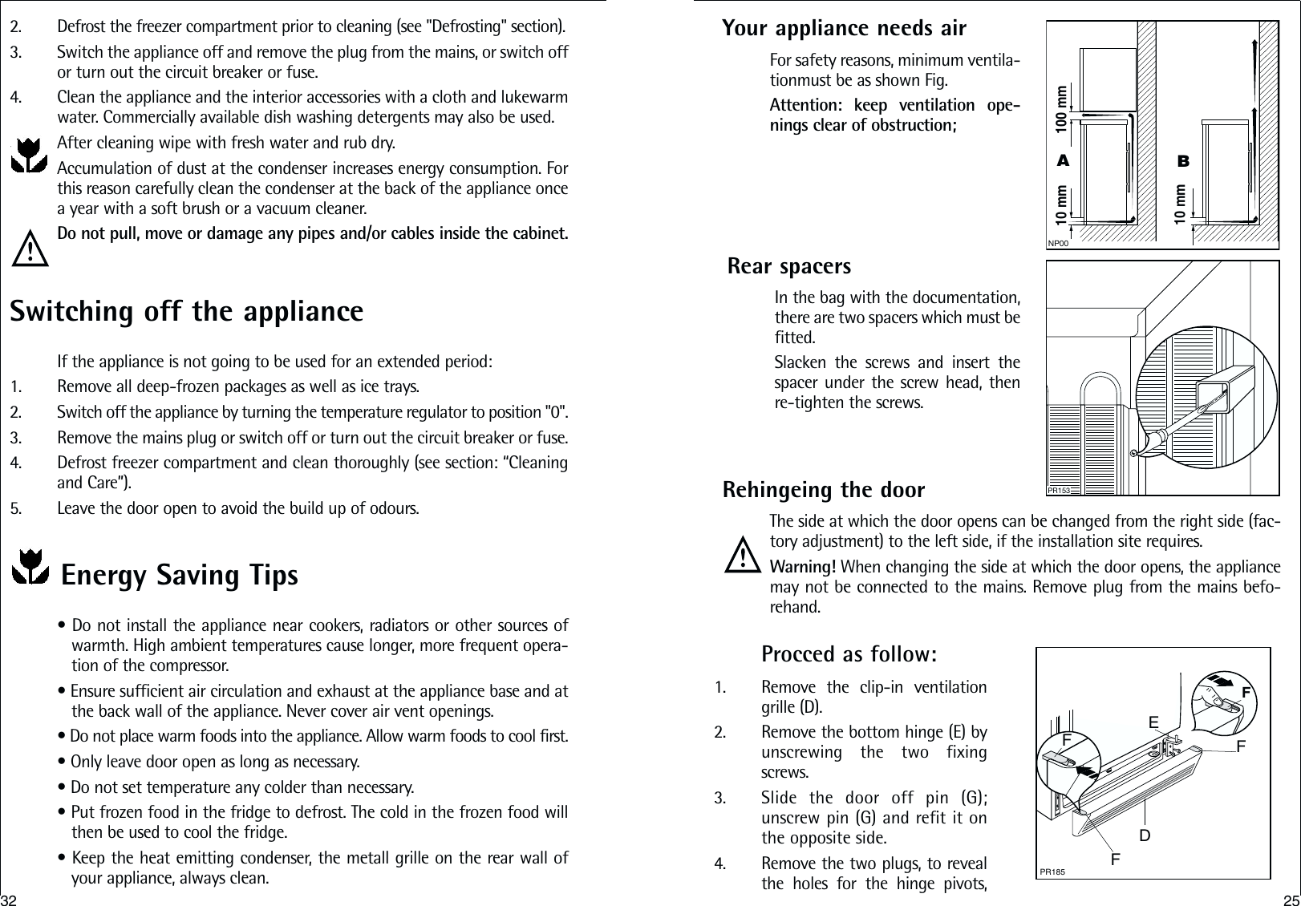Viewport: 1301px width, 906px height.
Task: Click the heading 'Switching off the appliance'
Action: (x=186, y=311)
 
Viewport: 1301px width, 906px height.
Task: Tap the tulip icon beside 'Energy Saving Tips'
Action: (x=30, y=567)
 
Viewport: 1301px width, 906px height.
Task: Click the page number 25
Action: (x=1291, y=897)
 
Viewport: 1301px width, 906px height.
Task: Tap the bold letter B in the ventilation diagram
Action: (x=1183, y=161)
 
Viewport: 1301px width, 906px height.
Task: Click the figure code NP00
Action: (x=1059, y=243)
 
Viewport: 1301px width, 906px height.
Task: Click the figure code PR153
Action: (x=1060, y=489)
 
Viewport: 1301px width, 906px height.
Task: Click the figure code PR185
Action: (x=1052, y=872)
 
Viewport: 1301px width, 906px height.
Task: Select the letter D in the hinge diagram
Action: (x=1145, y=835)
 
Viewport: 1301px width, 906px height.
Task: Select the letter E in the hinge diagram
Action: (x=1153, y=723)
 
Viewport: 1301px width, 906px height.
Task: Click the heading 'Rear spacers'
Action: (x=789, y=265)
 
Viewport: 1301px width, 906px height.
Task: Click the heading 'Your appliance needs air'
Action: (x=844, y=28)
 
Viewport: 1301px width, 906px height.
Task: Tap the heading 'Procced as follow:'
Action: (x=849, y=654)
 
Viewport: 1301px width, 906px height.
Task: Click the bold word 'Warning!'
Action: (x=802, y=567)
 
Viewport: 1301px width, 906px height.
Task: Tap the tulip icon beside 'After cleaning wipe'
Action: (x=30, y=155)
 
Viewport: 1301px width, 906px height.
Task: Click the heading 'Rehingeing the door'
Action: (x=824, y=489)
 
